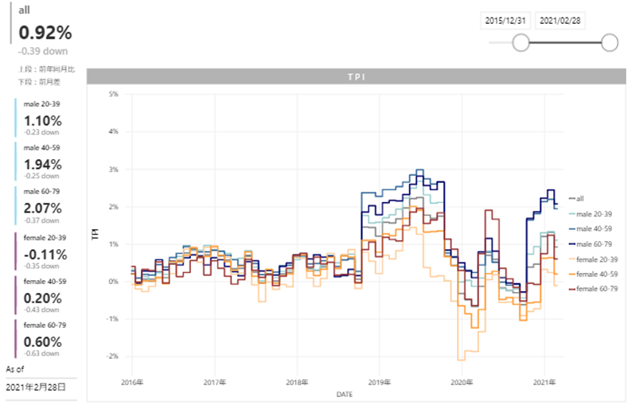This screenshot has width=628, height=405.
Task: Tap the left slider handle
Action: (521, 42)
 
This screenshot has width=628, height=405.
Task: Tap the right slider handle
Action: (610, 42)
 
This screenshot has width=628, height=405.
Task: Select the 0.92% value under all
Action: (45, 33)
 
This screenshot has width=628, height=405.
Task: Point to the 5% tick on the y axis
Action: (113, 94)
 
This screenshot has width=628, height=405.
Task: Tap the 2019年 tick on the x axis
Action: (378, 383)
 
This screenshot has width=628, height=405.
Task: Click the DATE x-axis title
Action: (344, 393)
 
